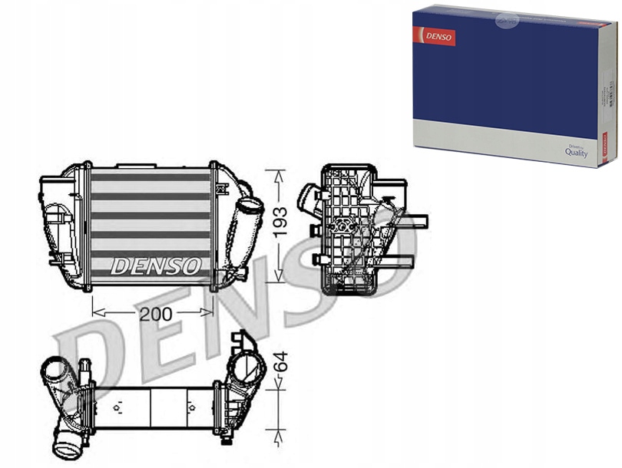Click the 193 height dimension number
[281, 222]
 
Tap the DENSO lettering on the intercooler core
[157, 266]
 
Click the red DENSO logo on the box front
[435, 37]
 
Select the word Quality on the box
[576, 153]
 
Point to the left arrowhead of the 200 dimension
[95, 312]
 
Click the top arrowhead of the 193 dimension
[279, 171]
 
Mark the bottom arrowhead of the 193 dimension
[279, 280]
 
